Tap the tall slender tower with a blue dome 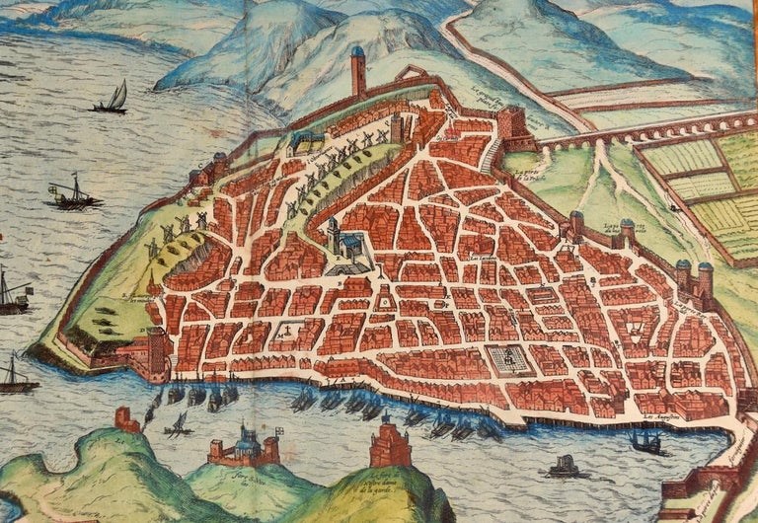point(357,71)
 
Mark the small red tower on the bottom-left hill point(127,419)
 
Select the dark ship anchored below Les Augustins point(645,443)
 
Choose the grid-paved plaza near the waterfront point(509,360)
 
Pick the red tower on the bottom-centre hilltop point(390,447)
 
